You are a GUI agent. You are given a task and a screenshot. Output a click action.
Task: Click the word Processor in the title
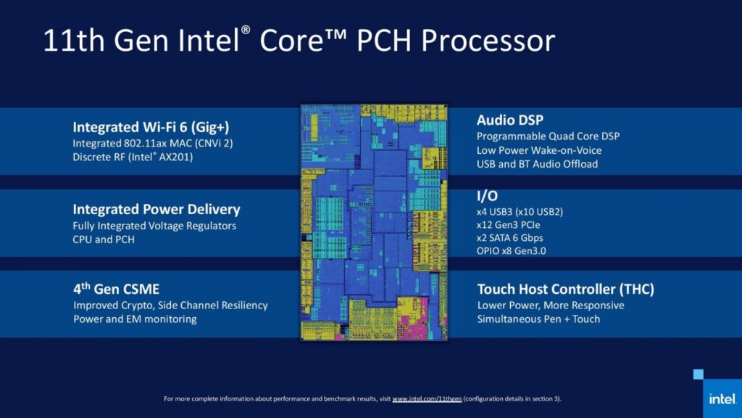488,41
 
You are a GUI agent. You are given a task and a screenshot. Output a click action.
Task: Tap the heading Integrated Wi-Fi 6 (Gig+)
151,127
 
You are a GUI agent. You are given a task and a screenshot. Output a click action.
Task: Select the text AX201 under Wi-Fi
175,157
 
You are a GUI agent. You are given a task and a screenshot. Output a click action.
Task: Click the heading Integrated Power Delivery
157,210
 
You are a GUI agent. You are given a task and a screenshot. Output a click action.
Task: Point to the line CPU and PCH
104,239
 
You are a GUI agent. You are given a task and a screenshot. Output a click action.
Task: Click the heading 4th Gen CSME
117,289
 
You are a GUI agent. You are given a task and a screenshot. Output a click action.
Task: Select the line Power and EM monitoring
135,319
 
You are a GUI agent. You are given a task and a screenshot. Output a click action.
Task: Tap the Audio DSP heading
510,120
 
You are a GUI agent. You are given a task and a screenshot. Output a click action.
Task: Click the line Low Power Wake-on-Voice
539,150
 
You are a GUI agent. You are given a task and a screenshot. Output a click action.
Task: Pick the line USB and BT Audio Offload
537,164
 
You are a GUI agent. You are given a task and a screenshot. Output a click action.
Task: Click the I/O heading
487,196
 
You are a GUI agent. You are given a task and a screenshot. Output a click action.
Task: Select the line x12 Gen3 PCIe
508,225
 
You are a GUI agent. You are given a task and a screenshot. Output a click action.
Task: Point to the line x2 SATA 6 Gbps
509,237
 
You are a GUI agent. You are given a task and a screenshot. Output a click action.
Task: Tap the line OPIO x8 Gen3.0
511,250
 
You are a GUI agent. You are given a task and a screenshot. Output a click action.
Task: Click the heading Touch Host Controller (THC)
565,289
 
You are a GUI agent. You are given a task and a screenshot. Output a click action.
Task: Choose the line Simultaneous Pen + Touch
538,319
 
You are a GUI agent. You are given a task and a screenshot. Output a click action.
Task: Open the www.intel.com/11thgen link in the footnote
427,398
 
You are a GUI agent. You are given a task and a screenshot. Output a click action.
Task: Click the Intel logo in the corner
722,398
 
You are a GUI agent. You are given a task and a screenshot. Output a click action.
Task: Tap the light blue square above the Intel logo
699,374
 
